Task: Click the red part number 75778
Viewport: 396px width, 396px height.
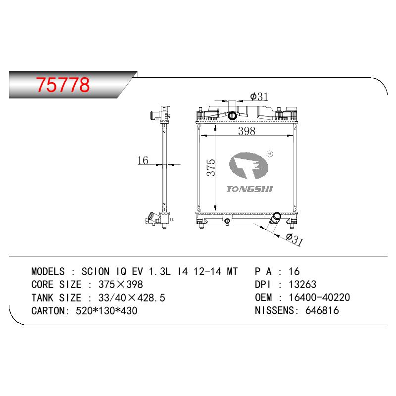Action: click(x=63, y=85)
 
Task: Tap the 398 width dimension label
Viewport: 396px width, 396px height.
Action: click(x=247, y=131)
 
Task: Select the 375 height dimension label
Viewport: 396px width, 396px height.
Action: click(x=211, y=167)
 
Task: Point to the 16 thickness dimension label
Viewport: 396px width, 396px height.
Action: click(x=143, y=160)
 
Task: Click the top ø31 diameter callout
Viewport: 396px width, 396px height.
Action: click(x=259, y=97)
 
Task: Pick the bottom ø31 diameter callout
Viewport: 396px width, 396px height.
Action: click(x=295, y=239)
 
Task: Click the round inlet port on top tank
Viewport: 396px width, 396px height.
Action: click(x=232, y=116)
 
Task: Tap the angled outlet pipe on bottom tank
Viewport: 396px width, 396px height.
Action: click(x=275, y=218)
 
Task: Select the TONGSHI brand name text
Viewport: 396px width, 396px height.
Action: click(x=249, y=189)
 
